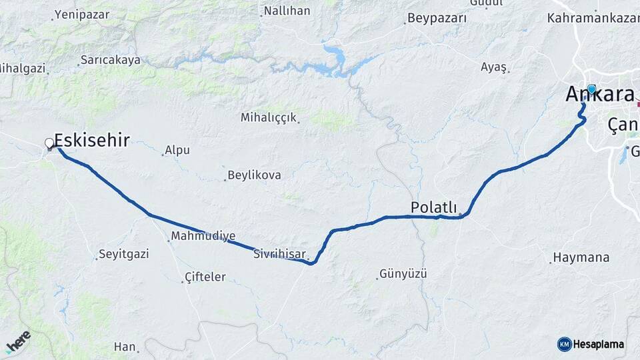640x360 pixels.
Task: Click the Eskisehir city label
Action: point(91,140)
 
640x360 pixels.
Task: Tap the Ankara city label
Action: point(600,95)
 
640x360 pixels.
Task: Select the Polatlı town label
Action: point(433,206)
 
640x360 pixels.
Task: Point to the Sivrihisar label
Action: point(280,254)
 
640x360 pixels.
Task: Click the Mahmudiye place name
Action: point(203,236)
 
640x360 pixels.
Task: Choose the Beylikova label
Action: point(254,175)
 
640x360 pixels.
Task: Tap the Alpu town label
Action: point(177,150)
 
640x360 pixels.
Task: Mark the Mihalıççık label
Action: point(268,117)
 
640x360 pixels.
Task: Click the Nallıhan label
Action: point(287,11)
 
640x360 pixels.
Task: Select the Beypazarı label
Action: point(437,18)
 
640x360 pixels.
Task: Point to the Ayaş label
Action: point(494,67)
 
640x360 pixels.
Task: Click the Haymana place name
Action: point(581,257)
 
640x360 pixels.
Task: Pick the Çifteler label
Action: point(205,277)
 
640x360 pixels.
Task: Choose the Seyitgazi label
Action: point(124,254)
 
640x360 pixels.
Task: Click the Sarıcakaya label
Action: point(111,60)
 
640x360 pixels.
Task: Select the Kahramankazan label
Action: point(593,18)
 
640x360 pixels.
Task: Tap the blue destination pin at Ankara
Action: point(591,89)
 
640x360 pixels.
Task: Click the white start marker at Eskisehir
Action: point(49,143)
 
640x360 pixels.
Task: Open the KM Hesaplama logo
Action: point(591,344)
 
